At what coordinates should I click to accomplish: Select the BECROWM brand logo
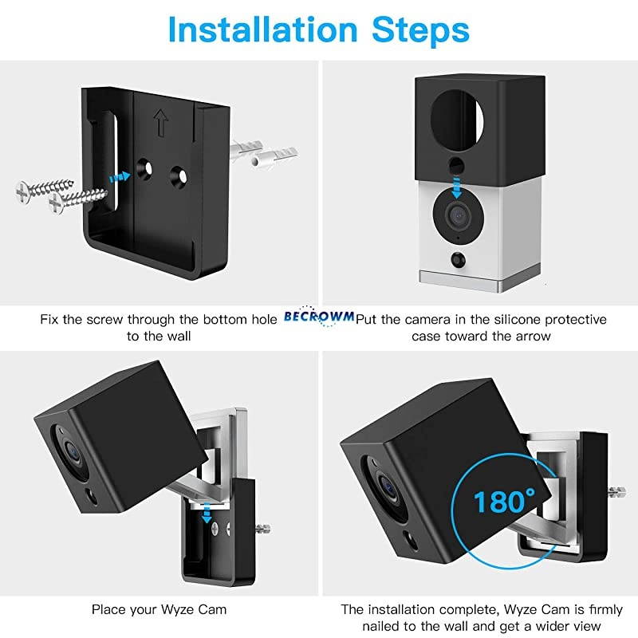pos(319,317)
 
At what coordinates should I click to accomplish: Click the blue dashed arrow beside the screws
pos(119,175)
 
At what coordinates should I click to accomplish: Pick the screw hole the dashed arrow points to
pos(146,168)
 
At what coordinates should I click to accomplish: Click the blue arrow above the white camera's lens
pos(457,188)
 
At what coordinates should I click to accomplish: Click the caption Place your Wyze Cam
pos(159,609)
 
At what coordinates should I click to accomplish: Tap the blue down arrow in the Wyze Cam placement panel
pos(207,514)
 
